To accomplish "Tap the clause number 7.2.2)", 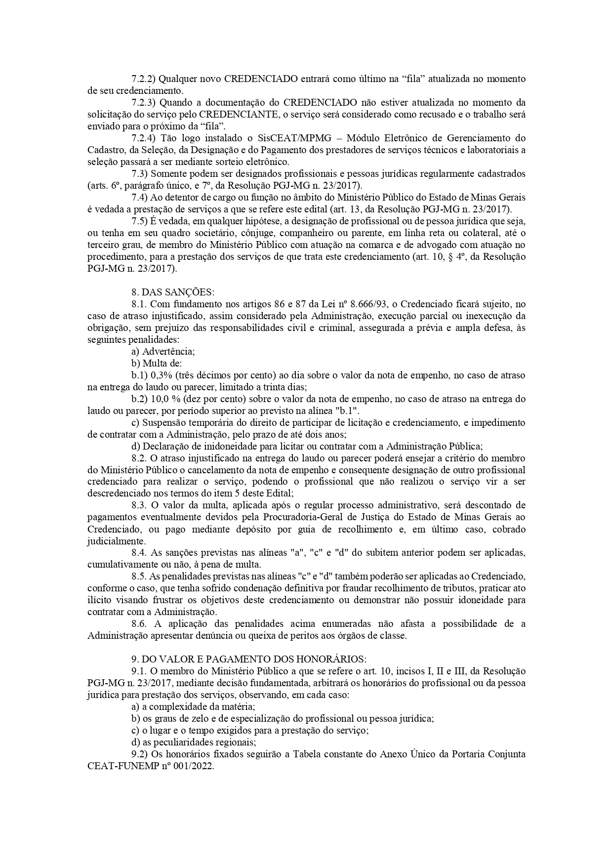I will (x=144, y=79).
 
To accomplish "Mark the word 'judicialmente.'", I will (x=111, y=541).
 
